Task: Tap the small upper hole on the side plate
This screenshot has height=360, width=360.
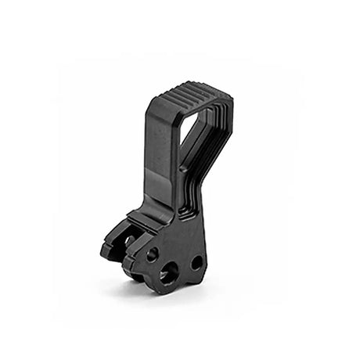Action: click(152, 254)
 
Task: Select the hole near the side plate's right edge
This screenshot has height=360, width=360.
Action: click(196, 263)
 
